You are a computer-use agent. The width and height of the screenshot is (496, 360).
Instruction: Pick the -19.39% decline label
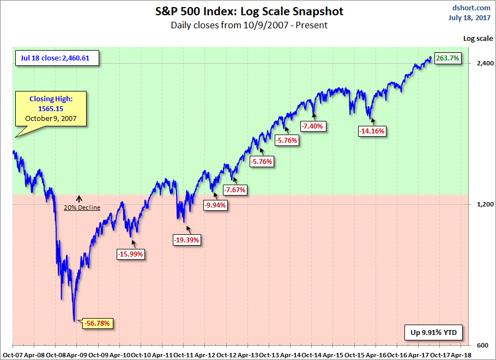pyautogui.click(x=187, y=239)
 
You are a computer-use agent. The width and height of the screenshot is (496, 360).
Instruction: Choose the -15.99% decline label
pyautogui.click(x=130, y=253)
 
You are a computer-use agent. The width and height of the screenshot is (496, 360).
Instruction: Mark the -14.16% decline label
pyautogui.click(x=372, y=131)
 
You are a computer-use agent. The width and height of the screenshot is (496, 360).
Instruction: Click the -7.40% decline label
pyautogui.click(x=312, y=126)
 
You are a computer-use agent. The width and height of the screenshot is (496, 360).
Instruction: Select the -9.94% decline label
pyautogui.click(x=215, y=205)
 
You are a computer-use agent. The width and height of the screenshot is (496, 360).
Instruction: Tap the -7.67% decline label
pyautogui.click(x=235, y=190)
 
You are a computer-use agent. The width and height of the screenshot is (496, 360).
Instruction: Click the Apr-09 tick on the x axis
pyautogui.click(x=76, y=353)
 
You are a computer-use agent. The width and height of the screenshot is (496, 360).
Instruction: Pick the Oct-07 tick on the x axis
pyautogui.click(x=12, y=353)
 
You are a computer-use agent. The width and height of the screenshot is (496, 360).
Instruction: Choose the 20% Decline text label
pyautogui.click(x=82, y=208)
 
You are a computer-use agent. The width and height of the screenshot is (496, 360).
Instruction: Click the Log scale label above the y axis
pyautogui.click(x=477, y=39)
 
